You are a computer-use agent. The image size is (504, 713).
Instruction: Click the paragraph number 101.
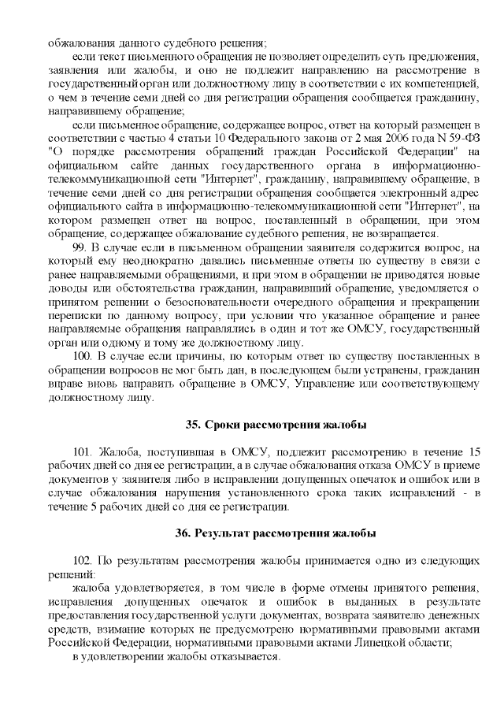pos(83,451)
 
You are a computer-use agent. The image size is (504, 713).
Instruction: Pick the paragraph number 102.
pos(83,559)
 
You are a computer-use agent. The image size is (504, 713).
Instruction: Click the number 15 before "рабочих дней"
pos(473,451)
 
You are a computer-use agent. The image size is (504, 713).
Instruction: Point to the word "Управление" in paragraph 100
pos(326,383)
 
